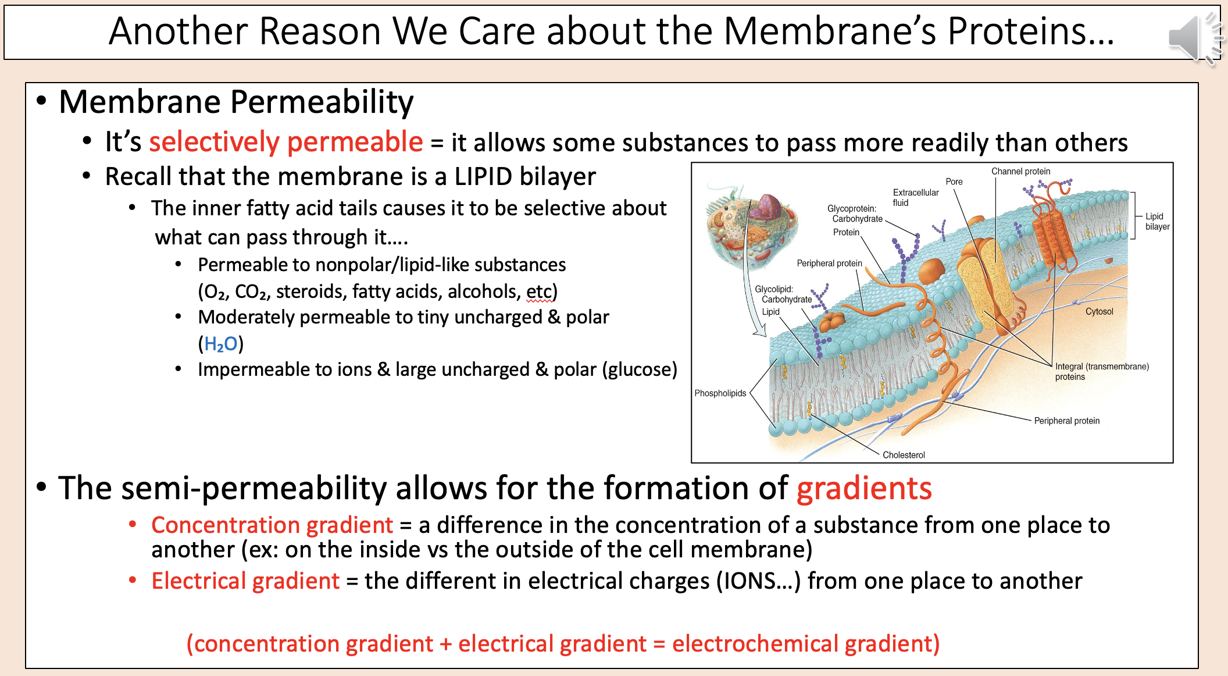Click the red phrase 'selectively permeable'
point(285,143)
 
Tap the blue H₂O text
point(220,344)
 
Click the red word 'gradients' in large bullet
point(863,488)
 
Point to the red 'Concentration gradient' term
point(272,525)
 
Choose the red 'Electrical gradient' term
point(245,581)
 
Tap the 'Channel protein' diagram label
point(1020,171)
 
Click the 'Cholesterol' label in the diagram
point(903,455)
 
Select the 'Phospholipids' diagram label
point(720,393)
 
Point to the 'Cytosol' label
point(1099,311)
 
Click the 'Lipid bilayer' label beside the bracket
point(1156,221)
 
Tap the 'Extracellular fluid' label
point(915,197)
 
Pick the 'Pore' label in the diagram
point(954,182)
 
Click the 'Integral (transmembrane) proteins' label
point(1101,371)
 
